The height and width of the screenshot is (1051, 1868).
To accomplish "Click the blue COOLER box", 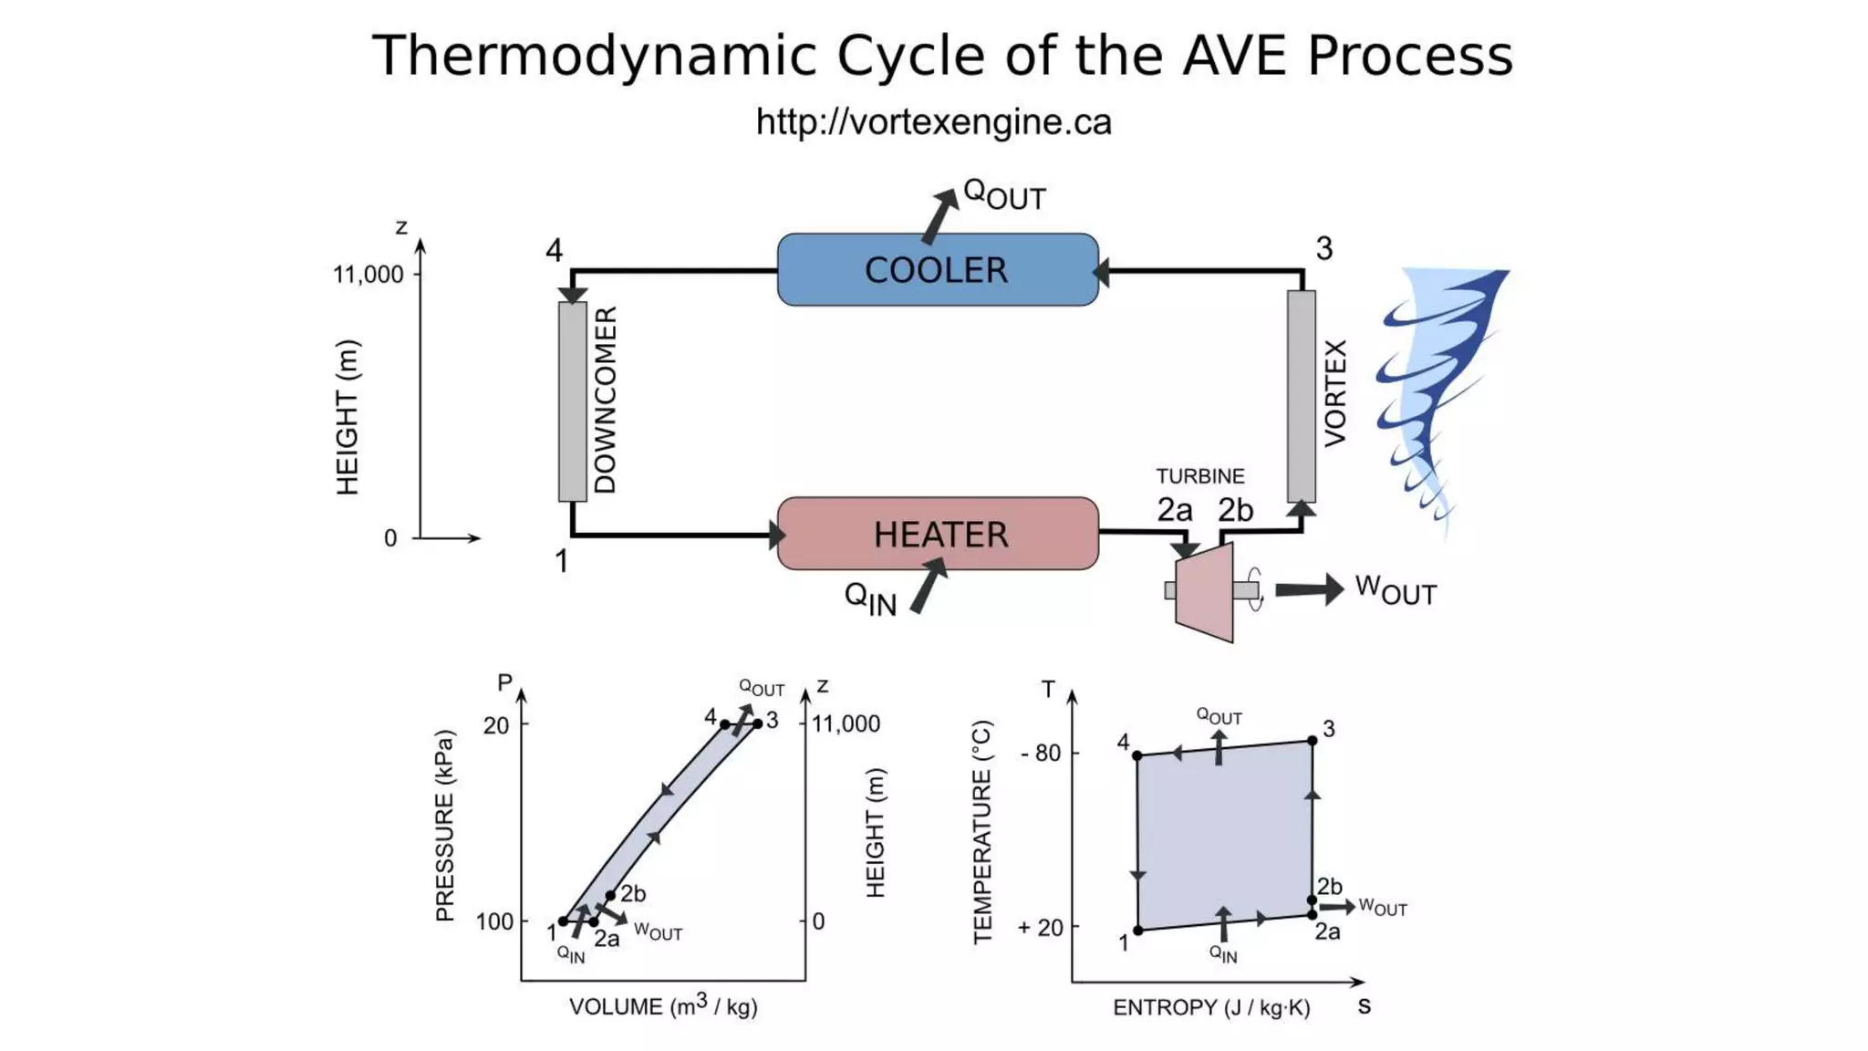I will [x=938, y=269].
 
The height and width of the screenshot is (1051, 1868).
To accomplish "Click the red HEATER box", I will [x=938, y=534].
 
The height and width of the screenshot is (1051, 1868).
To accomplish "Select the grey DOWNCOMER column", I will [x=573, y=401].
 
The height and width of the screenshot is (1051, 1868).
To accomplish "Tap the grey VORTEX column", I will [x=1302, y=396].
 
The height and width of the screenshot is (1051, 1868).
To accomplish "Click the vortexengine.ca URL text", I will [x=933, y=122].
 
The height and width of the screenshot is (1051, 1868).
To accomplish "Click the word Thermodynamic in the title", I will [x=593, y=56].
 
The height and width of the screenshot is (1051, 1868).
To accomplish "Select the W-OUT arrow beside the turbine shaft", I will [x=1309, y=589].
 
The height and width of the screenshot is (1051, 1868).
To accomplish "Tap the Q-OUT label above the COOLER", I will [x=1003, y=194].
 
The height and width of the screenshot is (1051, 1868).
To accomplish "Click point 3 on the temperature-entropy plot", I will [x=1312, y=741].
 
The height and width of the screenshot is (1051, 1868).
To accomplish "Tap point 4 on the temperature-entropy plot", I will [x=1137, y=755].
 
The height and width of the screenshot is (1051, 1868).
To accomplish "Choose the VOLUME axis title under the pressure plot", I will [x=663, y=1006].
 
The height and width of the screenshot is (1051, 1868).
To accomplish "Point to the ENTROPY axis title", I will [x=1211, y=1007].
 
